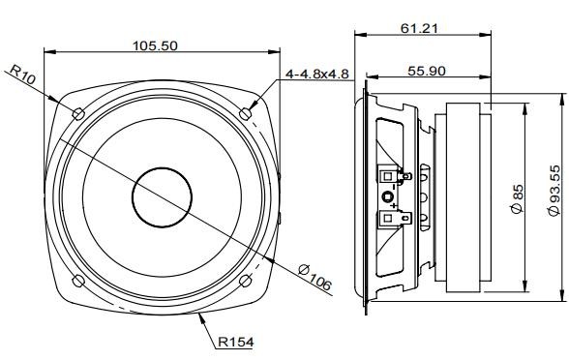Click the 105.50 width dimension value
tap(155, 46)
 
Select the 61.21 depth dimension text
tap(419, 28)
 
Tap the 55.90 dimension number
tap(427, 72)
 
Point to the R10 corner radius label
tap(22, 75)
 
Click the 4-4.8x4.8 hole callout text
tap(317, 74)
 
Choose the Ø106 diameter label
tap(315, 278)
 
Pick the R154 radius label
tap(236, 342)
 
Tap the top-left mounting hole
tap(78, 114)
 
